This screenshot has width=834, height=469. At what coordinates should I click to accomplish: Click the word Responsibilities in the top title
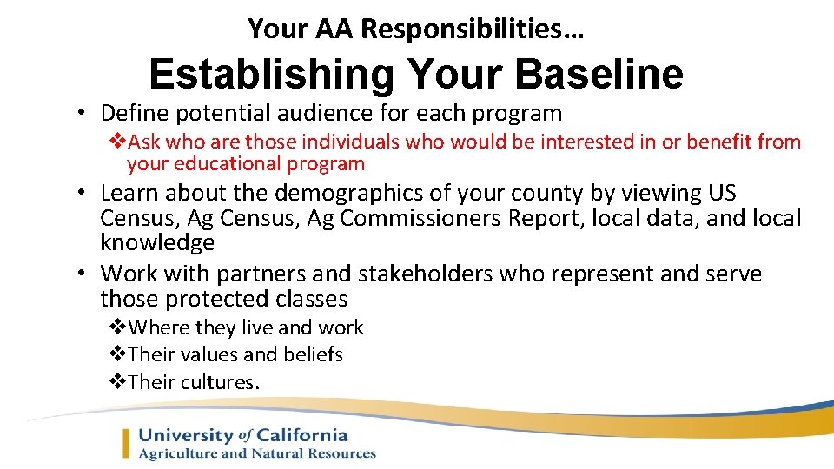(x=473, y=30)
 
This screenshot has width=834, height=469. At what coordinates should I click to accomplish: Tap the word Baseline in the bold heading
(x=599, y=75)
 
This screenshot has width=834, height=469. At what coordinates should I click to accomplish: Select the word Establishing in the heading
(x=270, y=75)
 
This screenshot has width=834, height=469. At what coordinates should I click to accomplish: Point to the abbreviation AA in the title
(x=334, y=30)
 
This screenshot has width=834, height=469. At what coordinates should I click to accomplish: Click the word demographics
(x=314, y=194)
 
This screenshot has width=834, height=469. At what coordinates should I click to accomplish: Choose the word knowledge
(x=157, y=242)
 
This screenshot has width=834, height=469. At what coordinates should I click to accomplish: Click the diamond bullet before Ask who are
(x=117, y=142)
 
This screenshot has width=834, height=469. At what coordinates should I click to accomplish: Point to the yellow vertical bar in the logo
(x=127, y=443)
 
